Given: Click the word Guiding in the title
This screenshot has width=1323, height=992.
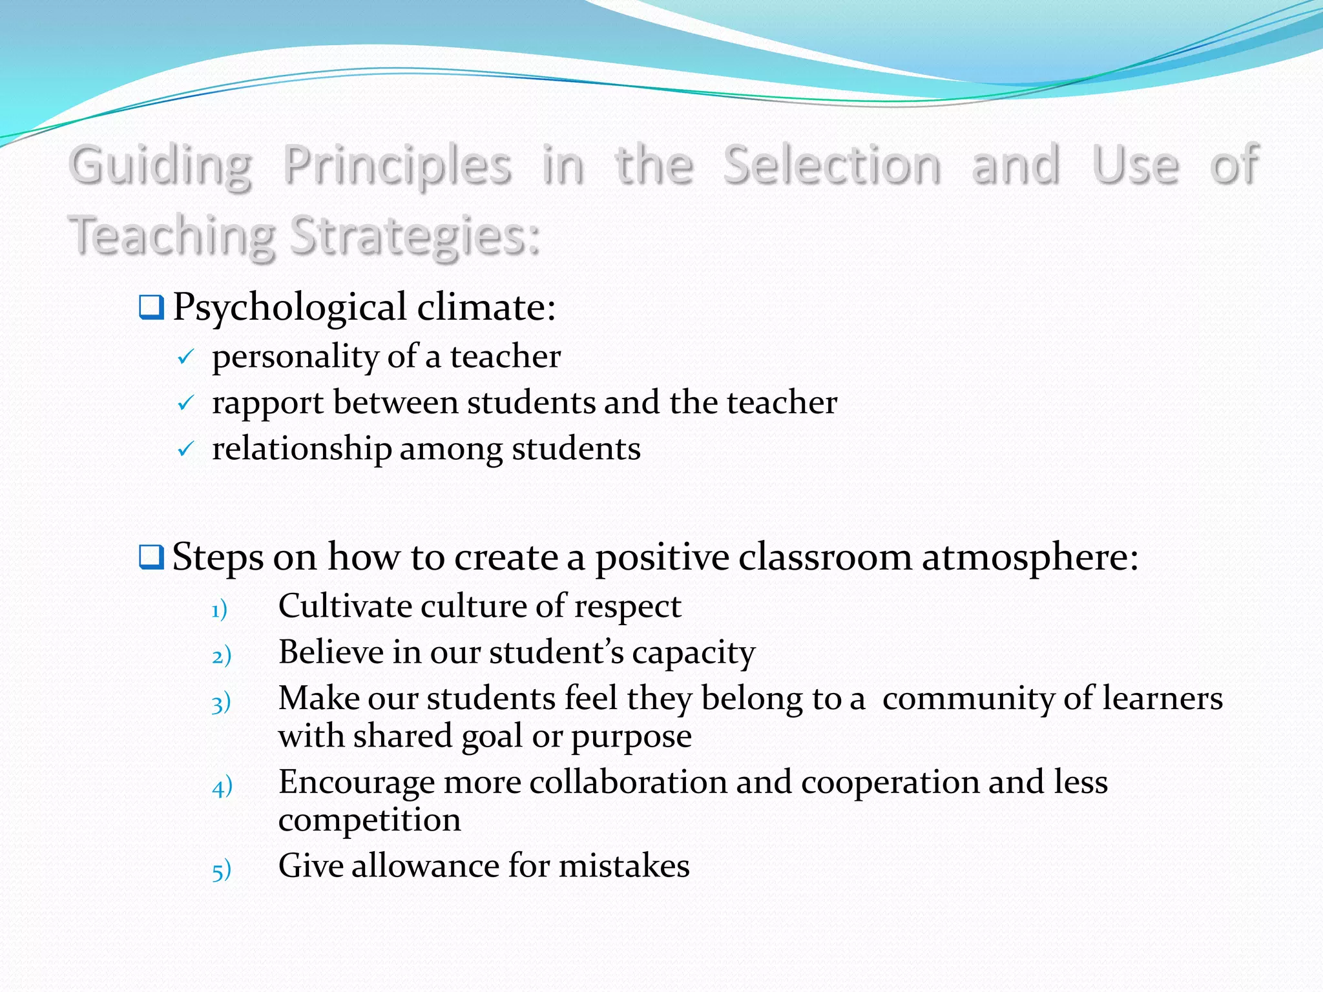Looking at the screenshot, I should click(x=160, y=166).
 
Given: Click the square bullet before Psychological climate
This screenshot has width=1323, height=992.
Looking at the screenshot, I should click(x=151, y=307).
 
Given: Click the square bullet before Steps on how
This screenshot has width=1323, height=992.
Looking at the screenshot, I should click(x=151, y=557).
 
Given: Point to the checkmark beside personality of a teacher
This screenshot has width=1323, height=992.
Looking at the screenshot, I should click(x=185, y=357).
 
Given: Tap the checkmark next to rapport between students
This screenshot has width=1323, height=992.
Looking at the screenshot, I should click(x=185, y=404).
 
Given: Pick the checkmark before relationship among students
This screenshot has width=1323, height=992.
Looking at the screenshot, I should click(x=185, y=449).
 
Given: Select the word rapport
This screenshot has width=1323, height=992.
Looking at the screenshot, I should click(x=267, y=404).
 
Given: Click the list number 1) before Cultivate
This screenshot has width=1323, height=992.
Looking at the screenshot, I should click(x=220, y=609).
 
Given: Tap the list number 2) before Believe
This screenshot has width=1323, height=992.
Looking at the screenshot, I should click(x=222, y=656).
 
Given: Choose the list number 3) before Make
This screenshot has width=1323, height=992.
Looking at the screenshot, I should click(x=222, y=703).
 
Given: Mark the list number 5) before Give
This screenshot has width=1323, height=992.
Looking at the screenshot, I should click(x=222, y=871).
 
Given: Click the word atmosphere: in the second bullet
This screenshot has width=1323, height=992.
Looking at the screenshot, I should click(x=1030, y=557).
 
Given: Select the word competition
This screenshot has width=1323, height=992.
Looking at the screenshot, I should click(x=370, y=820).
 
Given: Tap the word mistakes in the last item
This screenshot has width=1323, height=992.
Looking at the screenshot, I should click(x=624, y=866).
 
